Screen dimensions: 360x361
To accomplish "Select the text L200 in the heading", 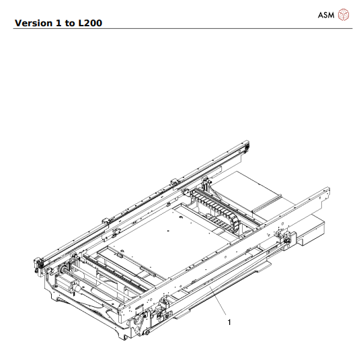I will click(x=90, y=24).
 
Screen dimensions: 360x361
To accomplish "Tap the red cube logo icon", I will click(x=344, y=14).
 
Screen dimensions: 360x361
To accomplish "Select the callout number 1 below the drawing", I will click(x=229, y=322).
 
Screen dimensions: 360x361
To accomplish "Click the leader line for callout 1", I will click(x=217, y=303).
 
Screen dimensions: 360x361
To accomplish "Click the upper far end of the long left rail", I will click(x=245, y=146).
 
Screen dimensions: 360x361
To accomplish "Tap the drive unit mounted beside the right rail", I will click(x=286, y=239).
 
